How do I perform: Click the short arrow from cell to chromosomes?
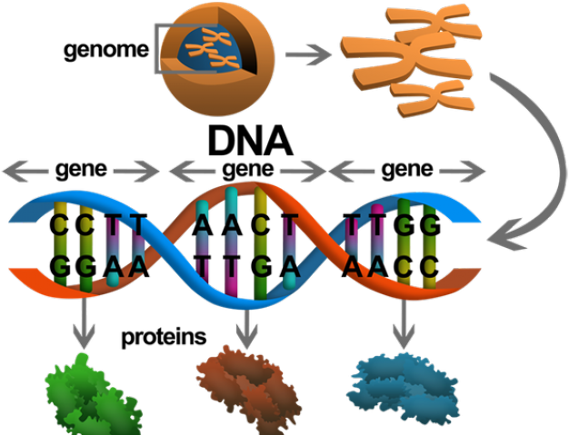307,55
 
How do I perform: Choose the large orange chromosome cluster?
409,59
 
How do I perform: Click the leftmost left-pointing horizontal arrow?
26,170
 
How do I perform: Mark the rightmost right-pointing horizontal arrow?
463,170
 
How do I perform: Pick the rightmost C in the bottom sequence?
429,265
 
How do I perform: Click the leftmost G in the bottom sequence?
61,265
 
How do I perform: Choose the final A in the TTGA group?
289,265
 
